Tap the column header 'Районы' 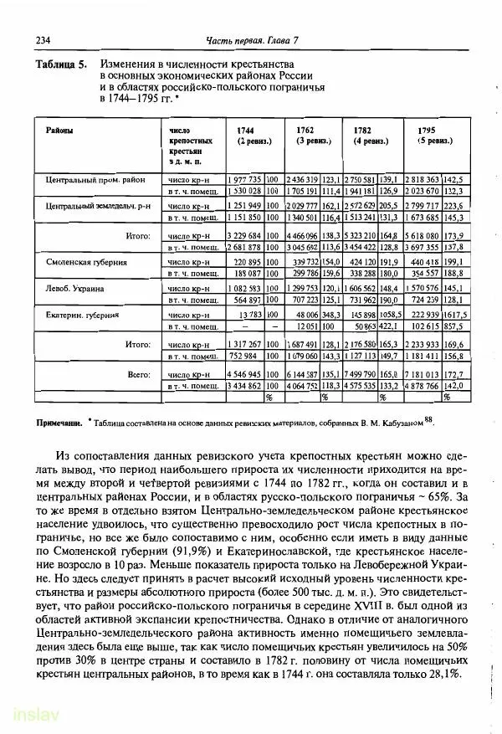pos(59,131)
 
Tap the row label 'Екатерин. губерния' pos(82,315)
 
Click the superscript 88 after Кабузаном pos(428,421)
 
